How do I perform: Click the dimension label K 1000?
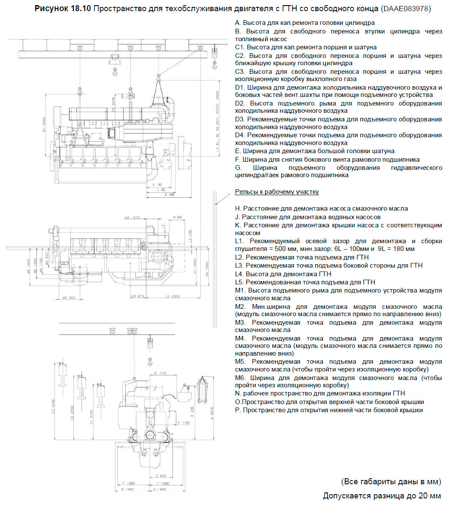coord(170,195)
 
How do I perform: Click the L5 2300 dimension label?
coord(172,296)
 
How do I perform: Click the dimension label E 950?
coord(161,476)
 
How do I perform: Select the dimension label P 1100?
coord(183,423)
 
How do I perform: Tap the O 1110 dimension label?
coord(159,373)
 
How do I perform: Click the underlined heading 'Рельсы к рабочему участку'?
coord(277,192)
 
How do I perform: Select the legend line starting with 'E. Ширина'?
coord(314,151)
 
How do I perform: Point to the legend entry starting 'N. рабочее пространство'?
coord(320,393)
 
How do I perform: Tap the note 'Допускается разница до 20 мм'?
coord(382,496)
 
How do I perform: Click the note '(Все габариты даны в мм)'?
coord(391,481)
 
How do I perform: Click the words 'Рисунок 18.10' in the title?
coord(63,9)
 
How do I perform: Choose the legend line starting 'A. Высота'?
coord(305,23)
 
